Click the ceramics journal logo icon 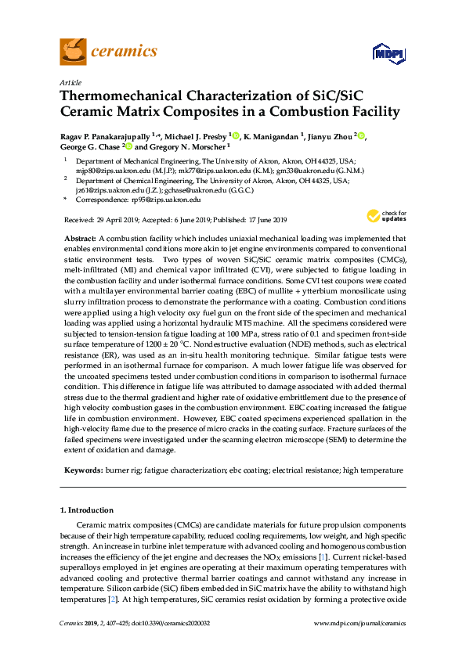[x=73, y=52]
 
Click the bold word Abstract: [x=79, y=238]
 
